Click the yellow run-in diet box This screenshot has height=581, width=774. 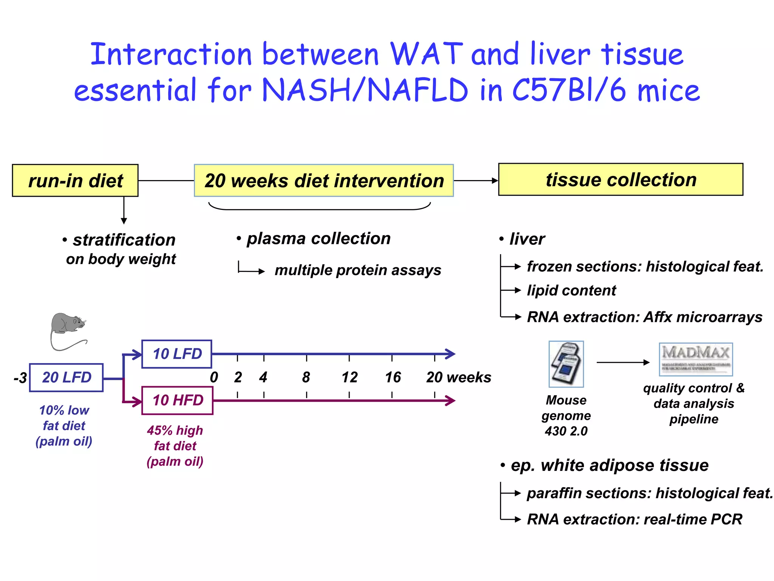75,180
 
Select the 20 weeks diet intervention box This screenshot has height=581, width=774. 324,180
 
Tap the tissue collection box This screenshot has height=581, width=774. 621,179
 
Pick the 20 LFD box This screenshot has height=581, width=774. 66,377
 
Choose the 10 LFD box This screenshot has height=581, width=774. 176,354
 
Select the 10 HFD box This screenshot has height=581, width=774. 177,401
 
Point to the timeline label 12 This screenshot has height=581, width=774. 349,377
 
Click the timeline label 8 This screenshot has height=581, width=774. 306,377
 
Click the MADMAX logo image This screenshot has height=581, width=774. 695,359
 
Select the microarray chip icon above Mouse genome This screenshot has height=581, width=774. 566,364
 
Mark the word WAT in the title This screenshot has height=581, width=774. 426,54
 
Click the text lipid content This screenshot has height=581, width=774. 571,290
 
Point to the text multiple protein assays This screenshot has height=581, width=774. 358,270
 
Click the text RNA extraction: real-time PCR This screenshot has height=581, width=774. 634,519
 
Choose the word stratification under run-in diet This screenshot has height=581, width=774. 124,240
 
